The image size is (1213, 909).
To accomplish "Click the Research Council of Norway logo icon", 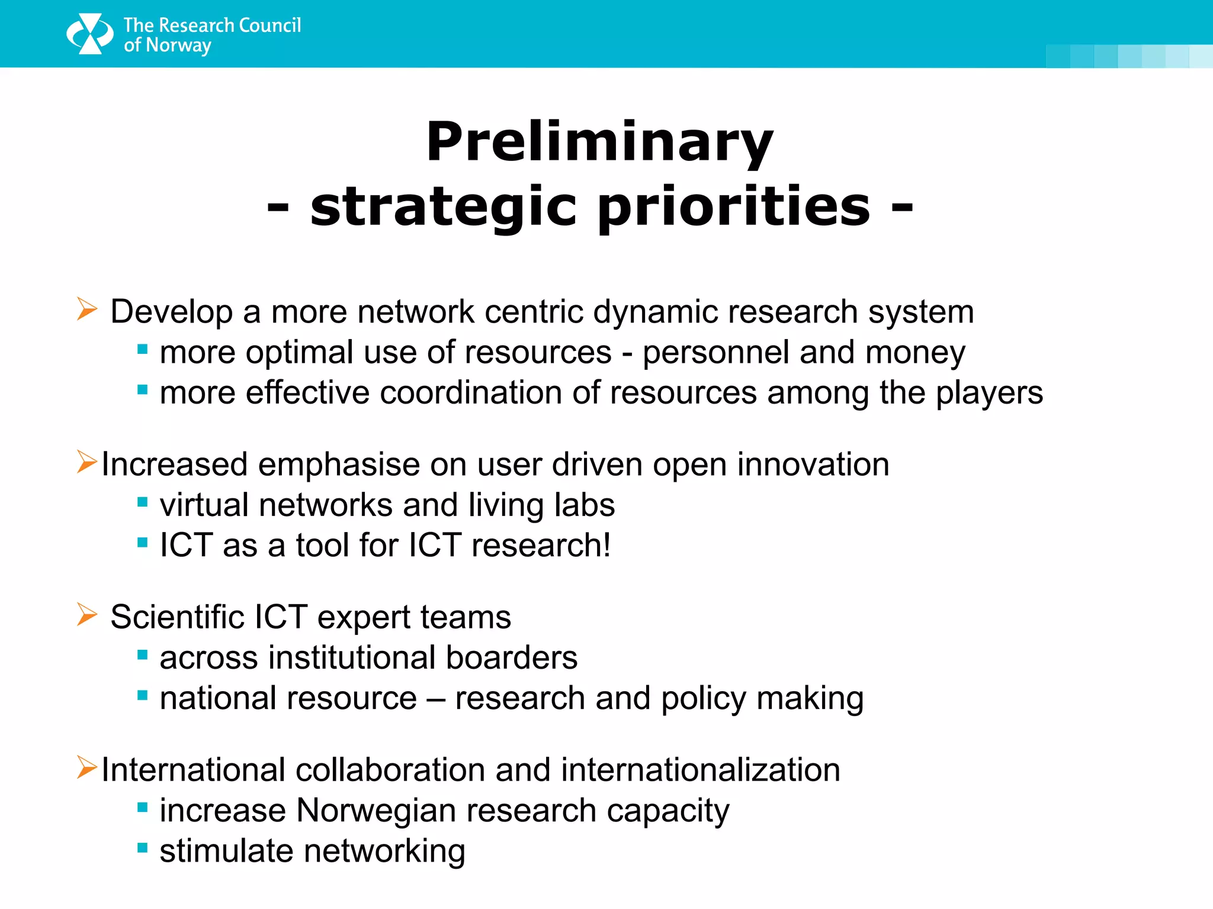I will [x=89, y=34].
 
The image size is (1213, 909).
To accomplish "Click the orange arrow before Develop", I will [x=86, y=309].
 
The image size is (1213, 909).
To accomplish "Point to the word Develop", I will [x=171, y=312].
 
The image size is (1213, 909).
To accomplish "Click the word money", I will [x=914, y=353].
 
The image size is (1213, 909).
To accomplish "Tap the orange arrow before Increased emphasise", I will [x=86, y=462].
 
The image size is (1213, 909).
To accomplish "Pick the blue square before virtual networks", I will [x=142, y=502].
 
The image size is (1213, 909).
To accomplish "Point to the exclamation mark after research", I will [x=606, y=545].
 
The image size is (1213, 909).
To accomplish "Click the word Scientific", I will [x=177, y=617].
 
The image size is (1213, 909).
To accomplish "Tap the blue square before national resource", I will [x=142, y=695].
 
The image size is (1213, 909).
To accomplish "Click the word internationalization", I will [x=700, y=771].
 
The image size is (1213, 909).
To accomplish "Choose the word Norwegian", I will [x=376, y=811].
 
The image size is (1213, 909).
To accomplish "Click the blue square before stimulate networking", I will [x=142, y=848].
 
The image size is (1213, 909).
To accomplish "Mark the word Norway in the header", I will [x=178, y=46].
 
